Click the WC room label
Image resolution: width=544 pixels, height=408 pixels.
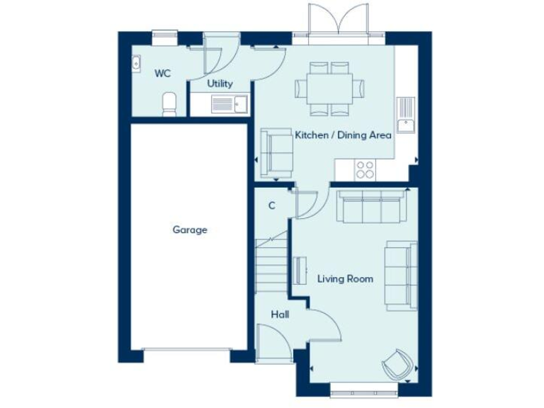[x=163, y=72]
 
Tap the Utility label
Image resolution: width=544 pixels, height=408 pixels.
[x=220, y=84]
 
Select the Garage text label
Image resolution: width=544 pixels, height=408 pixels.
[x=190, y=229]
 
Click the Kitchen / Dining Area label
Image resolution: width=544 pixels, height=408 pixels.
[x=344, y=135]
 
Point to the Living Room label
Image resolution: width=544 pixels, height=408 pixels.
[x=345, y=278]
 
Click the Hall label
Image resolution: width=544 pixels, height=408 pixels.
[x=279, y=314]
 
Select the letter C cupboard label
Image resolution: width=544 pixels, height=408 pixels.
[x=271, y=206]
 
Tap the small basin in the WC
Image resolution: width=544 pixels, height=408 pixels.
[x=137, y=63]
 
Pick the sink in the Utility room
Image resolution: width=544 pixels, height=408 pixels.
[x=229, y=104]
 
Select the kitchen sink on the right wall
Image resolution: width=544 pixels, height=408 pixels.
[x=405, y=115]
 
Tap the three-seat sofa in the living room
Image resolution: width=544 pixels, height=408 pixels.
[x=372, y=205]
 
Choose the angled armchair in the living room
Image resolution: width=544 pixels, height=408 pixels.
[x=397, y=364]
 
